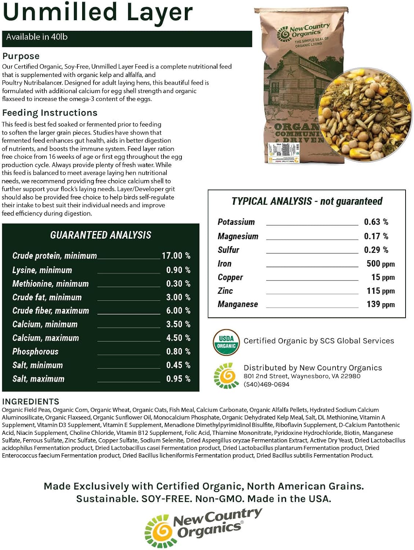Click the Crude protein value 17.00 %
pyautogui.click(x=176, y=256)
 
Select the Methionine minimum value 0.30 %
pyautogui.click(x=178, y=283)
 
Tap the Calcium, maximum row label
pyautogui.click(x=45, y=338)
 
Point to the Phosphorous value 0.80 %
pyautogui.click(x=178, y=351)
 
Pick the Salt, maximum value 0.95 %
pyautogui.click(x=178, y=379)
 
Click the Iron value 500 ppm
pyautogui.click(x=380, y=264)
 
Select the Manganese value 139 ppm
pyautogui.click(x=380, y=304)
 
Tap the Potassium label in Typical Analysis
pyautogui.click(x=236, y=222)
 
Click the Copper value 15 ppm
pyautogui.click(x=382, y=277)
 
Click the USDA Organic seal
pyautogui.click(x=226, y=342)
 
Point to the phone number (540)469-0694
pyautogui.click(x=266, y=384)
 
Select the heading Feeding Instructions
pyautogui.click(x=50, y=113)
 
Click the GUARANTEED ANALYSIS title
pyautogui.click(x=100, y=235)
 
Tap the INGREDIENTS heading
pyautogui.click(x=30, y=401)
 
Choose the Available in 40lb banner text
pyautogui.click(x=37, y=37)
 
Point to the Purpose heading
pyautogui.click(x=21, y=56)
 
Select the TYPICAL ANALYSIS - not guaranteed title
pyautogui.click(x=307, y=201)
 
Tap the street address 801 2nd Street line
pyautogui.click(x=302, y=376)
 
